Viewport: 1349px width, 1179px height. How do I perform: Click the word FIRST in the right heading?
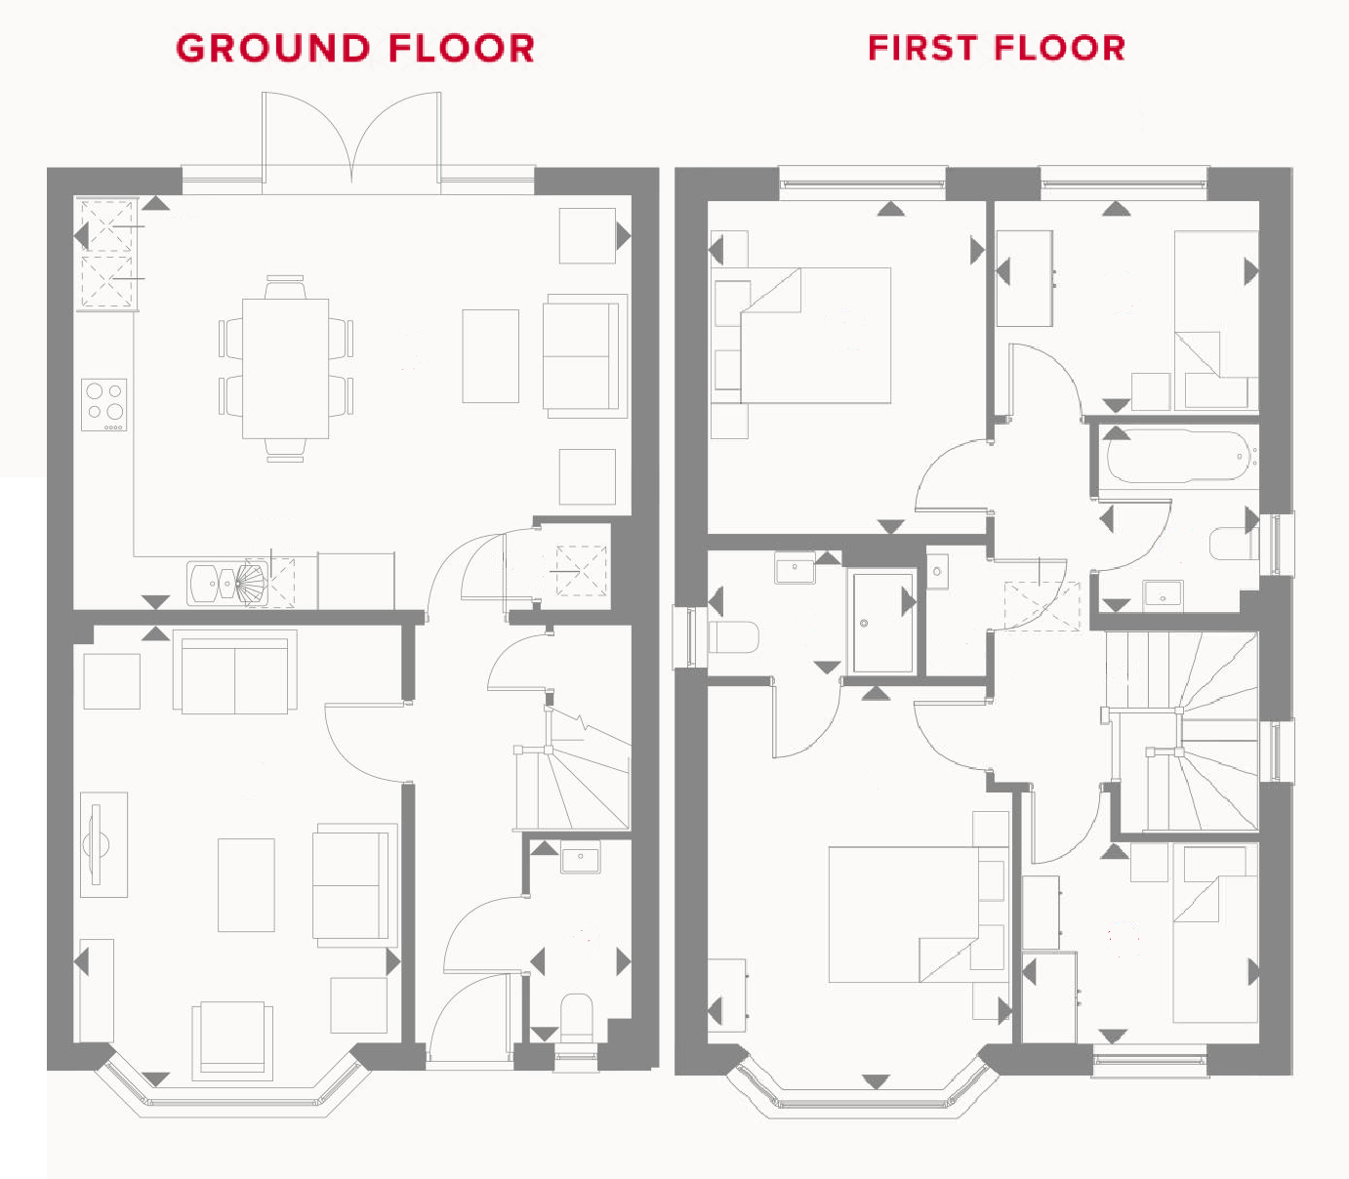922,48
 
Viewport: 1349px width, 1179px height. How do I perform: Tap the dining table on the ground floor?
285,368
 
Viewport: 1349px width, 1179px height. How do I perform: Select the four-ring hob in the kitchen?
103,404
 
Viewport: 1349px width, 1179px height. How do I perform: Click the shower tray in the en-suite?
882,622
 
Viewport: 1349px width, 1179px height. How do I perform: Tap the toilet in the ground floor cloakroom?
576,1017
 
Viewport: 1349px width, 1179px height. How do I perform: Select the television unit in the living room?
102,844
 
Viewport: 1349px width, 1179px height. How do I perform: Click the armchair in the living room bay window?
231,1038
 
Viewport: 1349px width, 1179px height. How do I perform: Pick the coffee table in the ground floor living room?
246,884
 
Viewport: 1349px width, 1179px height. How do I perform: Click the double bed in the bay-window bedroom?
903,914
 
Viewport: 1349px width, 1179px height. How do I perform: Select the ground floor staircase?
573,771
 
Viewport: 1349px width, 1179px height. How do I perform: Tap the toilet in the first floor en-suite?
733,637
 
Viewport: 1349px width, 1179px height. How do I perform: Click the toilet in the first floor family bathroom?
1233,544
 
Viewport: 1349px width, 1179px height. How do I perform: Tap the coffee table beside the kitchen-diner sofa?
490,356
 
